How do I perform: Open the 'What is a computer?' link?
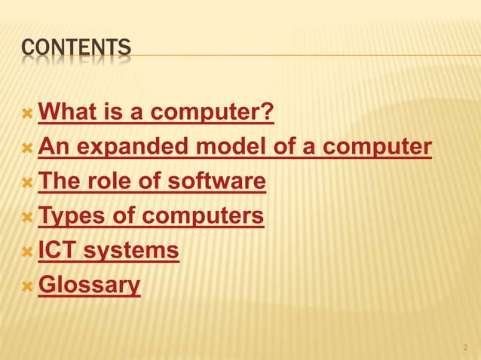click(x=155, y=114)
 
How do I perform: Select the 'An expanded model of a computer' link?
click(x=234, y=148)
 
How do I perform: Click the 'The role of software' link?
click(x=152, y=182)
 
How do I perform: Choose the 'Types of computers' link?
click(x=151, y=217)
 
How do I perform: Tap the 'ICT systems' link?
click(x=109, y=251)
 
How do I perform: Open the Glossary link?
click(x=89, y=285)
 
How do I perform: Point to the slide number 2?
click(x=464, y=348)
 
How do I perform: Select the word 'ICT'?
click(x=55, y=251)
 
